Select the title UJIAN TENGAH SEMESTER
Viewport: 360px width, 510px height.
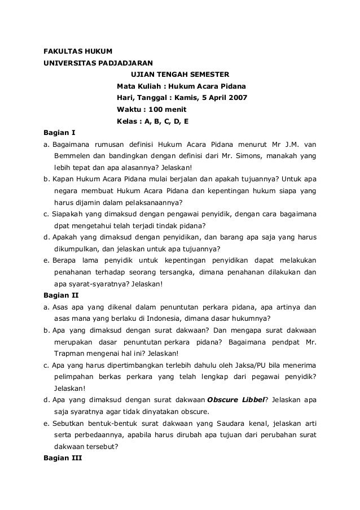click(180, 73)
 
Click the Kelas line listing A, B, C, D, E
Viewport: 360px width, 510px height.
click(152, 121)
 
